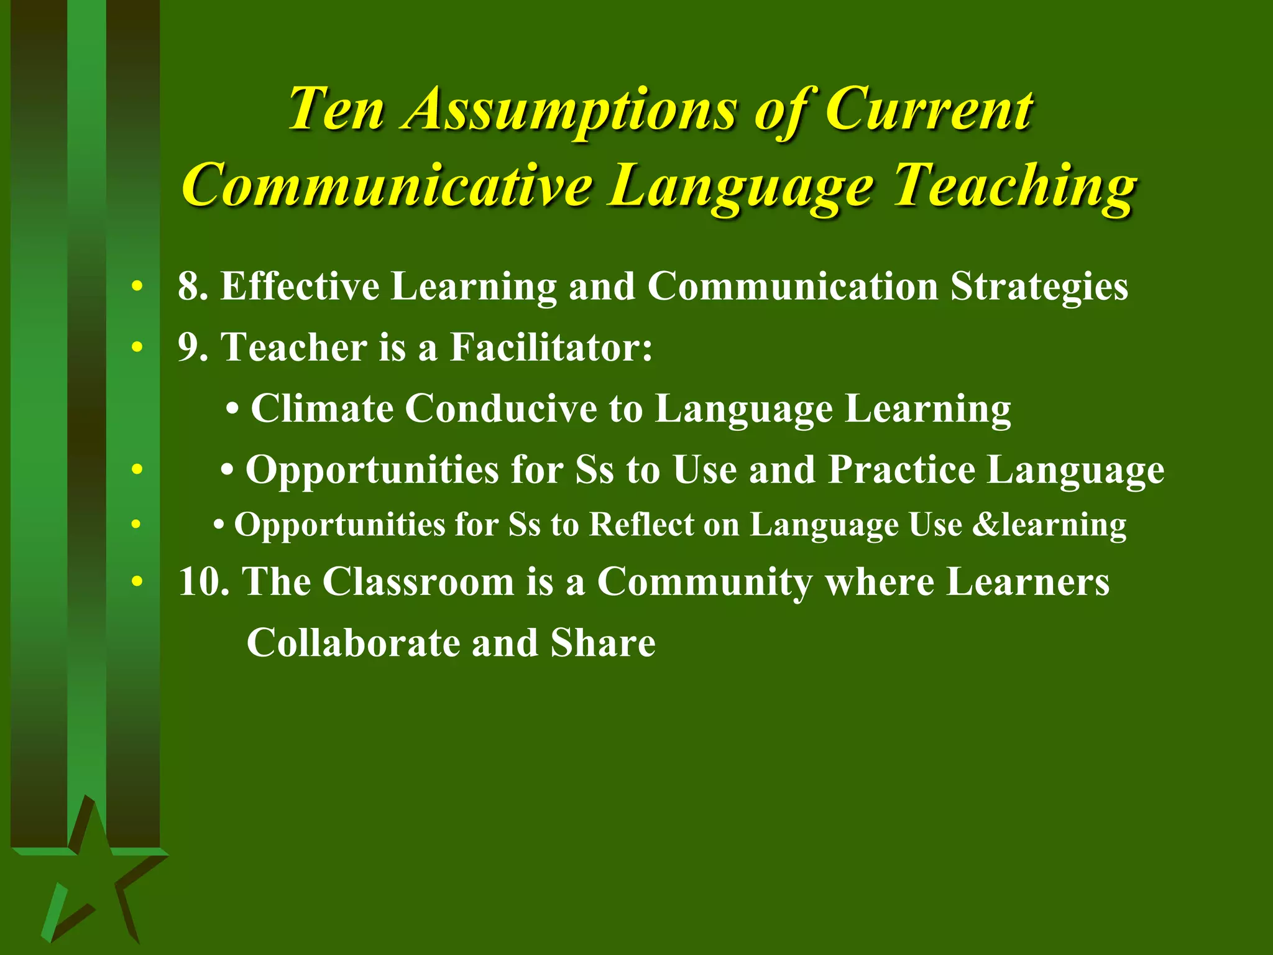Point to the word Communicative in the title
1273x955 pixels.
click(387, 185)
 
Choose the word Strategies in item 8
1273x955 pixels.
click(1039, 288)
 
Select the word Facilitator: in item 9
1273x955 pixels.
click(551, 347)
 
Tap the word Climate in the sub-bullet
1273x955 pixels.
click(321, 408)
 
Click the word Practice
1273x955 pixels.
click(901, 469)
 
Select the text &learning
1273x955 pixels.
click(1049, 525)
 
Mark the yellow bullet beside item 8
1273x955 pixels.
click(137, 287)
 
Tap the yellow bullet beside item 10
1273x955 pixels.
click(137, 582)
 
